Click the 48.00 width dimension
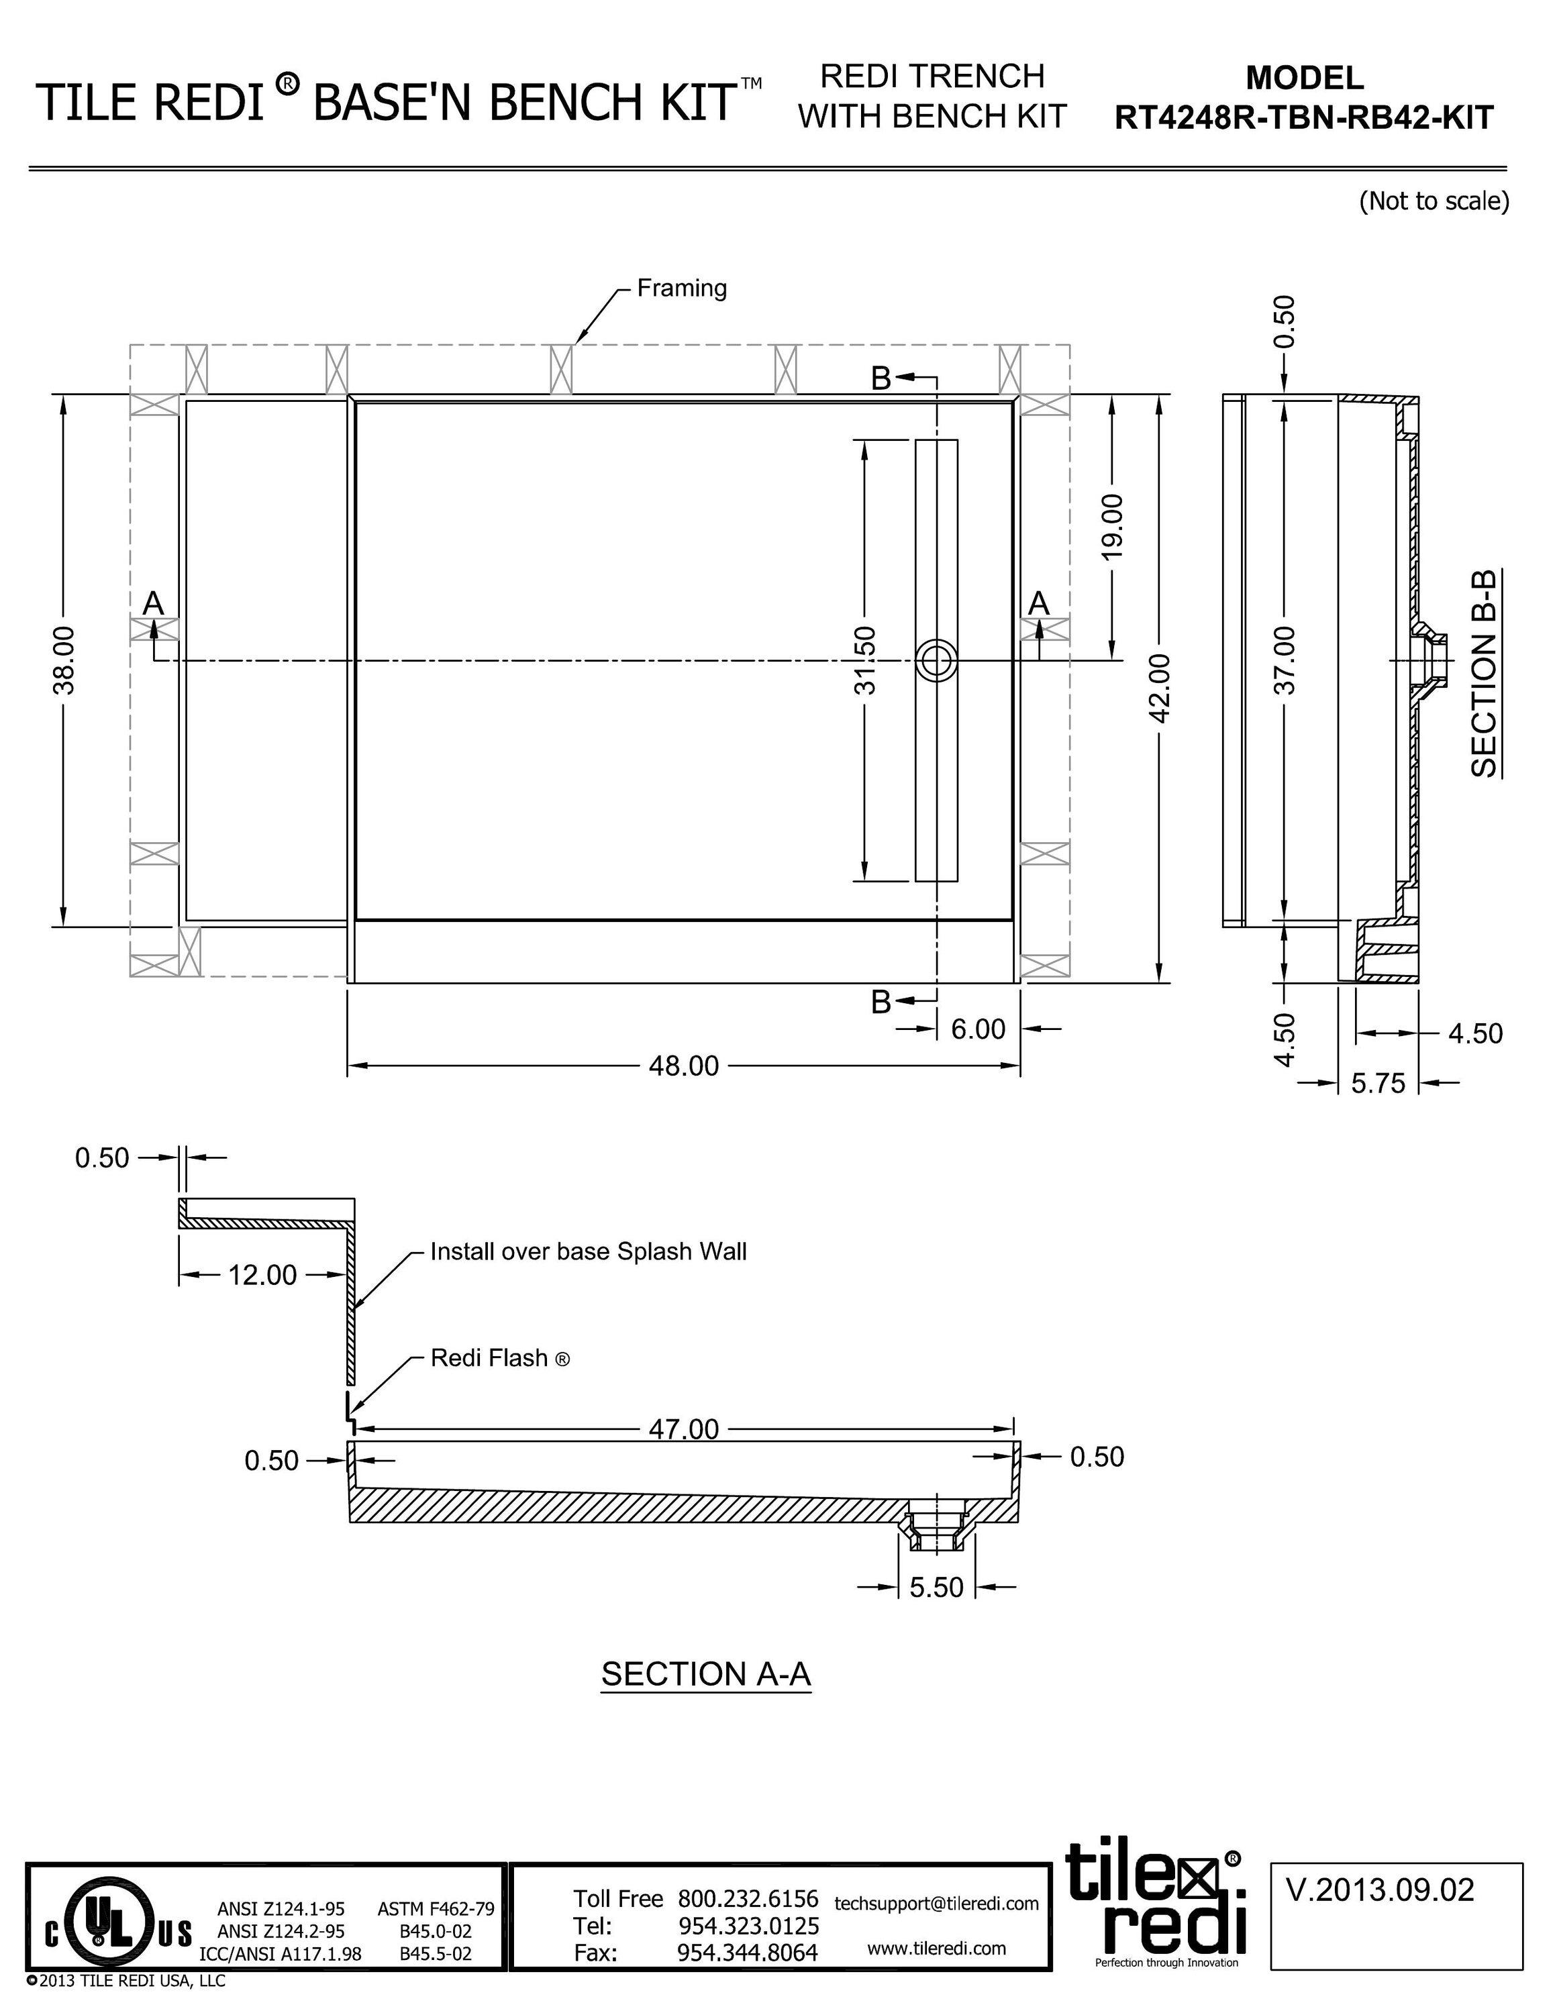(683, 1066)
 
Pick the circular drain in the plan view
(936, 661)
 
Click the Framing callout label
(681, 289)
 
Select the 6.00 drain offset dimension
(977, 1028)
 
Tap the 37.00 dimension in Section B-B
(1287, 660)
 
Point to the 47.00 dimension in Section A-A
(683, 1429)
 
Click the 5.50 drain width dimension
(936, 1586)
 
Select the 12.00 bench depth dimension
(262, 1275)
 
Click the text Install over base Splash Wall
(588, 1251)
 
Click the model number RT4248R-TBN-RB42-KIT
(1303, 118)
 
